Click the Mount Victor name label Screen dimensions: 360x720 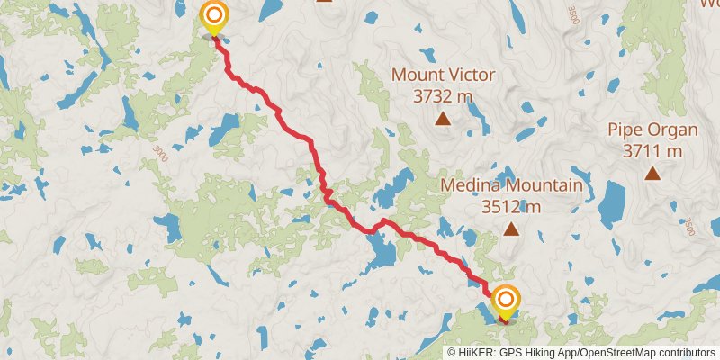pyautogui.click(x=442, y=75)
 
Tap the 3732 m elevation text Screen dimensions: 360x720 pyautogui.click(x=442, y=95)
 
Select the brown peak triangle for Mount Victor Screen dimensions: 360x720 pyautogui.click(x=442, y=118)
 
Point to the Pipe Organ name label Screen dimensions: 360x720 pyautogui.click(x=652, y=130)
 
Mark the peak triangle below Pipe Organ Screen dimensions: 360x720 pyautogui.click(x=652, y=174)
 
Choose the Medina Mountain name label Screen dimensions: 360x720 pyautogui.click(x=511, y=186)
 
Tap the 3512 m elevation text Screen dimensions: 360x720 pyautogui.click(x=511, y=207)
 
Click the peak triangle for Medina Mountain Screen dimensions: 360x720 pyautogui.click(x=511, y=229)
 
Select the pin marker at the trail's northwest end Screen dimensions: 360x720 pyautogui.click(x=214, y=16)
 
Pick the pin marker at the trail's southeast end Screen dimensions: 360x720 pyautogui.click(x=506, y=300)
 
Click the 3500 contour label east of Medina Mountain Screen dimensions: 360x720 pyautogui.click(x=689, y=227)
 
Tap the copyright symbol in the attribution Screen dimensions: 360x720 pyautogui.click(x=453, y=353)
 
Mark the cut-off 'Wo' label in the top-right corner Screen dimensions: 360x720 pyautogui.click(x=709, y=3)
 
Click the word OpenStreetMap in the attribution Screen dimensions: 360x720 pyautogui.click(x=610, y=353)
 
